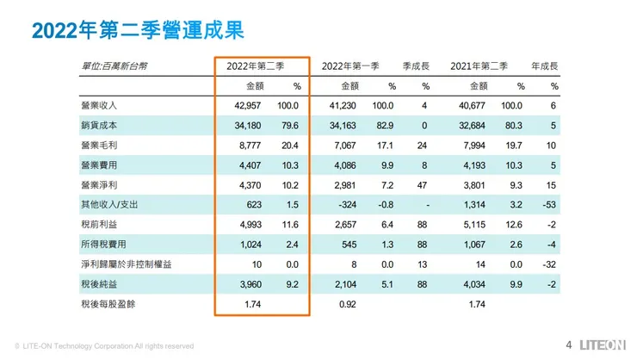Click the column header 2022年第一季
coord(354,66)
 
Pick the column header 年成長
coord(546,66)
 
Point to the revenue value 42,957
coord(246,105)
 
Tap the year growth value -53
coord(552,204)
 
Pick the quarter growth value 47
coord(424,184)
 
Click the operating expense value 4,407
coord(250,164)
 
